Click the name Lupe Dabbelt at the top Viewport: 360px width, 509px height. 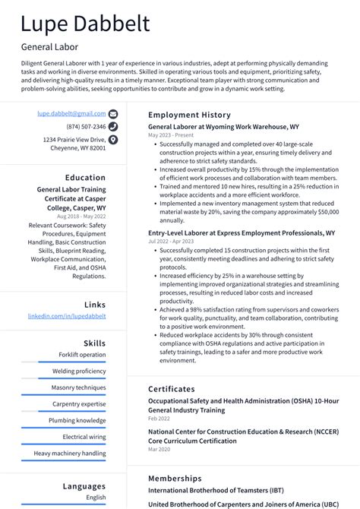click(85, 24)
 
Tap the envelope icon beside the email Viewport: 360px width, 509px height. click(113, 113)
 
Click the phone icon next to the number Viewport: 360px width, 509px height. click(113, 127)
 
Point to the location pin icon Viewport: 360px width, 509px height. click(113, 140)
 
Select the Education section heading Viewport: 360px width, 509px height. click(85, 178)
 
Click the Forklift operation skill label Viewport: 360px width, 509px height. click(83, 355)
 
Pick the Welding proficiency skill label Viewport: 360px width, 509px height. click(79, 371)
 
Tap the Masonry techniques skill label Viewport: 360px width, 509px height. click(79, 387)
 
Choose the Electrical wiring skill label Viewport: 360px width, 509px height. click(84, 437)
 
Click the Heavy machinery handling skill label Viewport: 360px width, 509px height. click(70, 454)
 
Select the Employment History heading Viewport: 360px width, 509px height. click(188, 115)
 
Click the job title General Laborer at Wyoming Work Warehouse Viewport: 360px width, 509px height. click(223, 127)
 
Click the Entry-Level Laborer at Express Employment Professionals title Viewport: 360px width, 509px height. click(241, 233)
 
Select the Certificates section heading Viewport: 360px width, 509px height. click(171, 389)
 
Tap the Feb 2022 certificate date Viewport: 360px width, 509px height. click(159, 419)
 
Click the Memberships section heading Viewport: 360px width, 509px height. click(175, 479)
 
